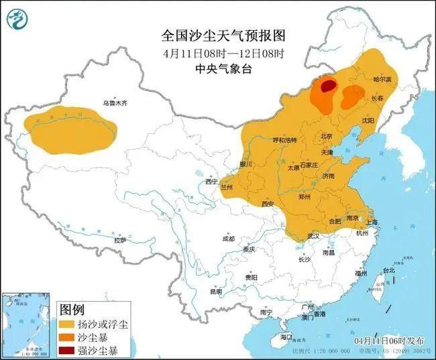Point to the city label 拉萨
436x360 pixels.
(120, 239)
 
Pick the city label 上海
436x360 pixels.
(374, 222)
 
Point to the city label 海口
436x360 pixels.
(286, 336)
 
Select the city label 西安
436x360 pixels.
(268, 203)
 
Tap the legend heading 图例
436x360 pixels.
(72, 310)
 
